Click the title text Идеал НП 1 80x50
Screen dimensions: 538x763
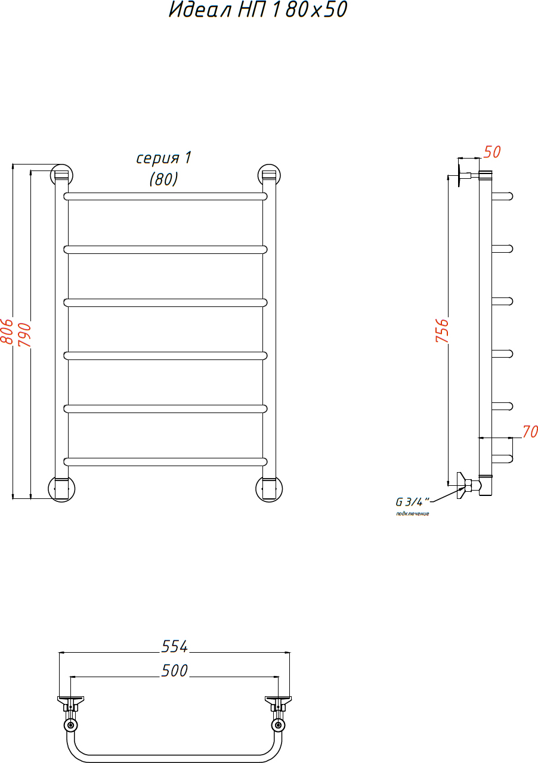pyautogui.click(x=258, y=10)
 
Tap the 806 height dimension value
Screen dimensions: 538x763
pyautogui.click(x=7, y=331)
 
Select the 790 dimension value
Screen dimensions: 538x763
pyautogui.click(x=24, y=335)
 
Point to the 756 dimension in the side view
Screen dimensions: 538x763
pyautogui.click(x=442, y=330)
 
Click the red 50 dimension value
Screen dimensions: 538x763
pyautogui.click(x=492, y=152)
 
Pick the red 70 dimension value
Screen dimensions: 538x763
pyautogui.click(x=530, y=432)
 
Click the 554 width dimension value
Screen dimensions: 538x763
pyautogui.click(x=174, y=646)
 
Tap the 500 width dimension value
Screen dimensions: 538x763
pyautogui.click(x=174, y=671)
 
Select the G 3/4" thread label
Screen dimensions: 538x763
pyautogui.click(x=412, y=502)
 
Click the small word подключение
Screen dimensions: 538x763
pyautogui.click(x=413, y=514)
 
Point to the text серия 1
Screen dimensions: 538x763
pyautogui.click(x=164, y=158)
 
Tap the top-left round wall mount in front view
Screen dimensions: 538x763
pyautogui.click(x=61, y=175)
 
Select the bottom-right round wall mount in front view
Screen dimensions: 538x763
pyautogui.click(x=269, y=489)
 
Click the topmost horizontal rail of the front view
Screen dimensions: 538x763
pyautogui.click(x=165, y=196)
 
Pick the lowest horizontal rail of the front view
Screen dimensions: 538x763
pyautogui.click(x=165, y=461)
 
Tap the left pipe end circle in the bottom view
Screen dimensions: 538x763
pyautogui.click(x=70, y=725)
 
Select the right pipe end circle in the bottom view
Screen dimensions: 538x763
pyautogui.click(x=278, y=725)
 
